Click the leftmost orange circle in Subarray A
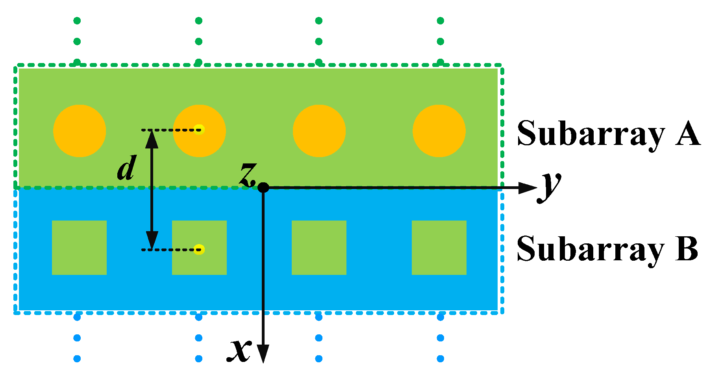(80, 131)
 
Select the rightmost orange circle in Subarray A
(439, 131)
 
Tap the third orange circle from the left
(319, 131)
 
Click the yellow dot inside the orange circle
(200, 129)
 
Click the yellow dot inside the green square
(200, 249)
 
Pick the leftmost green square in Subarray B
(79, 247)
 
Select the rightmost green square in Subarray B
(439, 247)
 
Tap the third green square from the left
(319, 247)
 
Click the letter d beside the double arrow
(127, 169)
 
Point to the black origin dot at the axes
(263, 188)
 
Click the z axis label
(248, 175)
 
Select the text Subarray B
(607, 249)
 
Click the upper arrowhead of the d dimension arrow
(152, 139)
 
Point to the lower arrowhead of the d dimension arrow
(152, 240)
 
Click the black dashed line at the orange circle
(169, 130)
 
